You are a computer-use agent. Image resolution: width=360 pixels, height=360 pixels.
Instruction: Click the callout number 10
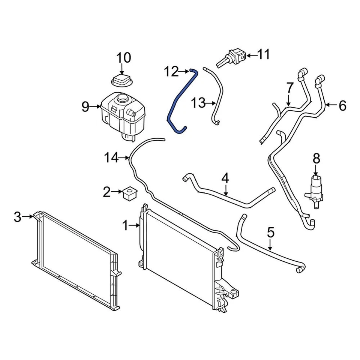tap(124, 58)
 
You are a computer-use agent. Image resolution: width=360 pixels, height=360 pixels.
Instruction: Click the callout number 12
tap(171, 71)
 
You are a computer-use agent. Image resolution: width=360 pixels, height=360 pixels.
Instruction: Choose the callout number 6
tap(342, 106)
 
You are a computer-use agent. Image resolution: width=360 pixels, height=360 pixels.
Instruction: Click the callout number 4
tap(225, 178)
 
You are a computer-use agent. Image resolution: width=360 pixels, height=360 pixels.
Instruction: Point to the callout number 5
tap(271, 232)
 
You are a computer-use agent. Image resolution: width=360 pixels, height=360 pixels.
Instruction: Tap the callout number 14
tap(112, 158)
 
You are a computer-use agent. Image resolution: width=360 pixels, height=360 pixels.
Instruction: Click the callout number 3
tap(18, 217)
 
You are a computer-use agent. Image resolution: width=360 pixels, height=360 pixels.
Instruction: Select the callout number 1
tap(125, 225)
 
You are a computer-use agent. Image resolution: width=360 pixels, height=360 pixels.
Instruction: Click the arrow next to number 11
tap(252, 56)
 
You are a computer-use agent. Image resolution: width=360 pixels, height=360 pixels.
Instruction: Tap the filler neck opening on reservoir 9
tap(122, 99)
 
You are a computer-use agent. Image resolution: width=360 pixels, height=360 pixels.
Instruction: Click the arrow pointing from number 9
tap(95, 108)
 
